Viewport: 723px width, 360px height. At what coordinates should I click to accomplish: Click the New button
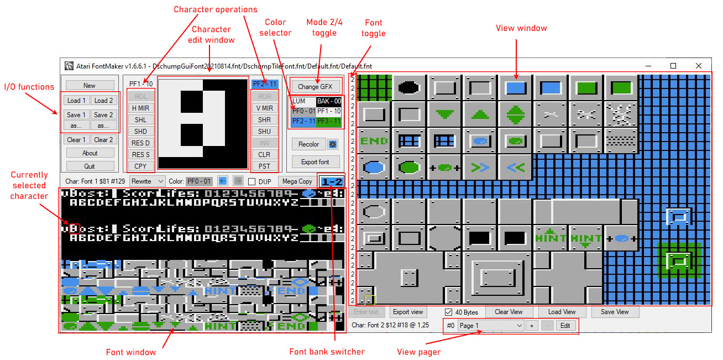pyautogui.click(x=90, y=86)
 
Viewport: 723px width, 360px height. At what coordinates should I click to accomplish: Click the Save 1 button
pyautogui.click(x=76, y=115)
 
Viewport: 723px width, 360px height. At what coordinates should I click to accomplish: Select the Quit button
pyautogui.click(x=90, y=166)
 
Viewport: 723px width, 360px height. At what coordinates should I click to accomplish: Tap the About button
pyautogui.click(x=90, y=153)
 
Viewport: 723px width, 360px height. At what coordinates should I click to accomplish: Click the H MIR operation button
pyautogui.click(x=140, y=108)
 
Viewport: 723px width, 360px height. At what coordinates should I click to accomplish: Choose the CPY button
pyautogui.click(x=140, y=166)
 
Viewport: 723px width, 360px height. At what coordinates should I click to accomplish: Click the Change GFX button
pyautogui.click(x=316, y=87)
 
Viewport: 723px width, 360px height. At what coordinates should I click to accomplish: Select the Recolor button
pyautogui.click(x=308, y=144)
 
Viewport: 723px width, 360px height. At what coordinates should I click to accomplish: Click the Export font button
pyautogui.click(x=316, y=162)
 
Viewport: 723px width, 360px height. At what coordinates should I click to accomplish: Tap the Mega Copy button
pyautogui.click(x=297, y=181)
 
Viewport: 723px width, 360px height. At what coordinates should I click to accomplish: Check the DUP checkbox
pyautogui.click(x=252, y=181)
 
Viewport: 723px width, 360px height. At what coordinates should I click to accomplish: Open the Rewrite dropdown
pyautogui.click(x=147, y=181)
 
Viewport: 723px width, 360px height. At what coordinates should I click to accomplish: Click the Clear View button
pyautogui.click(x=508, y=312)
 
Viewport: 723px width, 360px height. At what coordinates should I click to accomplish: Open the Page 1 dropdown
pyautogui.click(x=491, y=326)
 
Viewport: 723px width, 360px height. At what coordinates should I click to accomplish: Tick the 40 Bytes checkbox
pyautogui.click(x=448, y=312)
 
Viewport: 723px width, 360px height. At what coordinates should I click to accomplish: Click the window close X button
pyautogui.click(x=698, y=66)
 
